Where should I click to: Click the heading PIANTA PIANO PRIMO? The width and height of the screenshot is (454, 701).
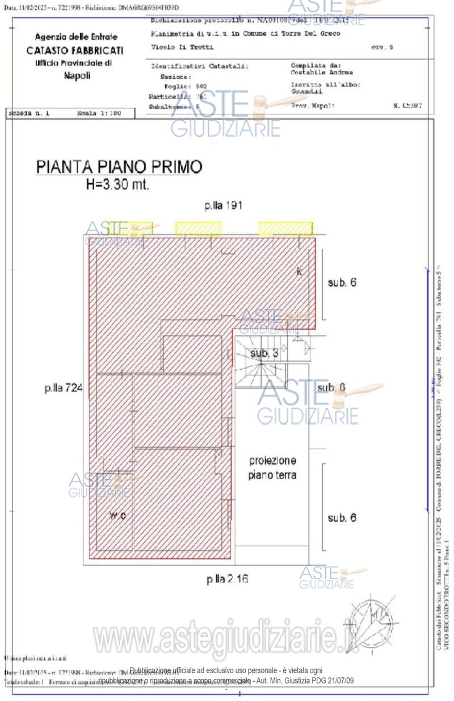tap(119, 168)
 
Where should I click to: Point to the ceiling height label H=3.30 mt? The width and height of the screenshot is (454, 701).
tap(117, 186)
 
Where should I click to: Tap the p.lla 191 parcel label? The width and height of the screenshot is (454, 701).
tap(224, 205)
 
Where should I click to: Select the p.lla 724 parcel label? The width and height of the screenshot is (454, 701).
tap(64, 388)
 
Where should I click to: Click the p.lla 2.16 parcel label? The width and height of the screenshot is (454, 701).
tap(227, 579)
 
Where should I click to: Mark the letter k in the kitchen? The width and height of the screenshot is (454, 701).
tap(300, 271)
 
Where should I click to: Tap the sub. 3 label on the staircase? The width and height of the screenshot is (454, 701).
tap(264, 354)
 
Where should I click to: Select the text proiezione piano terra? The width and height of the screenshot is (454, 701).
tap(272, 468)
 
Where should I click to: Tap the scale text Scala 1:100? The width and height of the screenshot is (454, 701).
tap(99, 113)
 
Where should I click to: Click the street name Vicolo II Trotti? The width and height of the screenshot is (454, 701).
tap(176, 46)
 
